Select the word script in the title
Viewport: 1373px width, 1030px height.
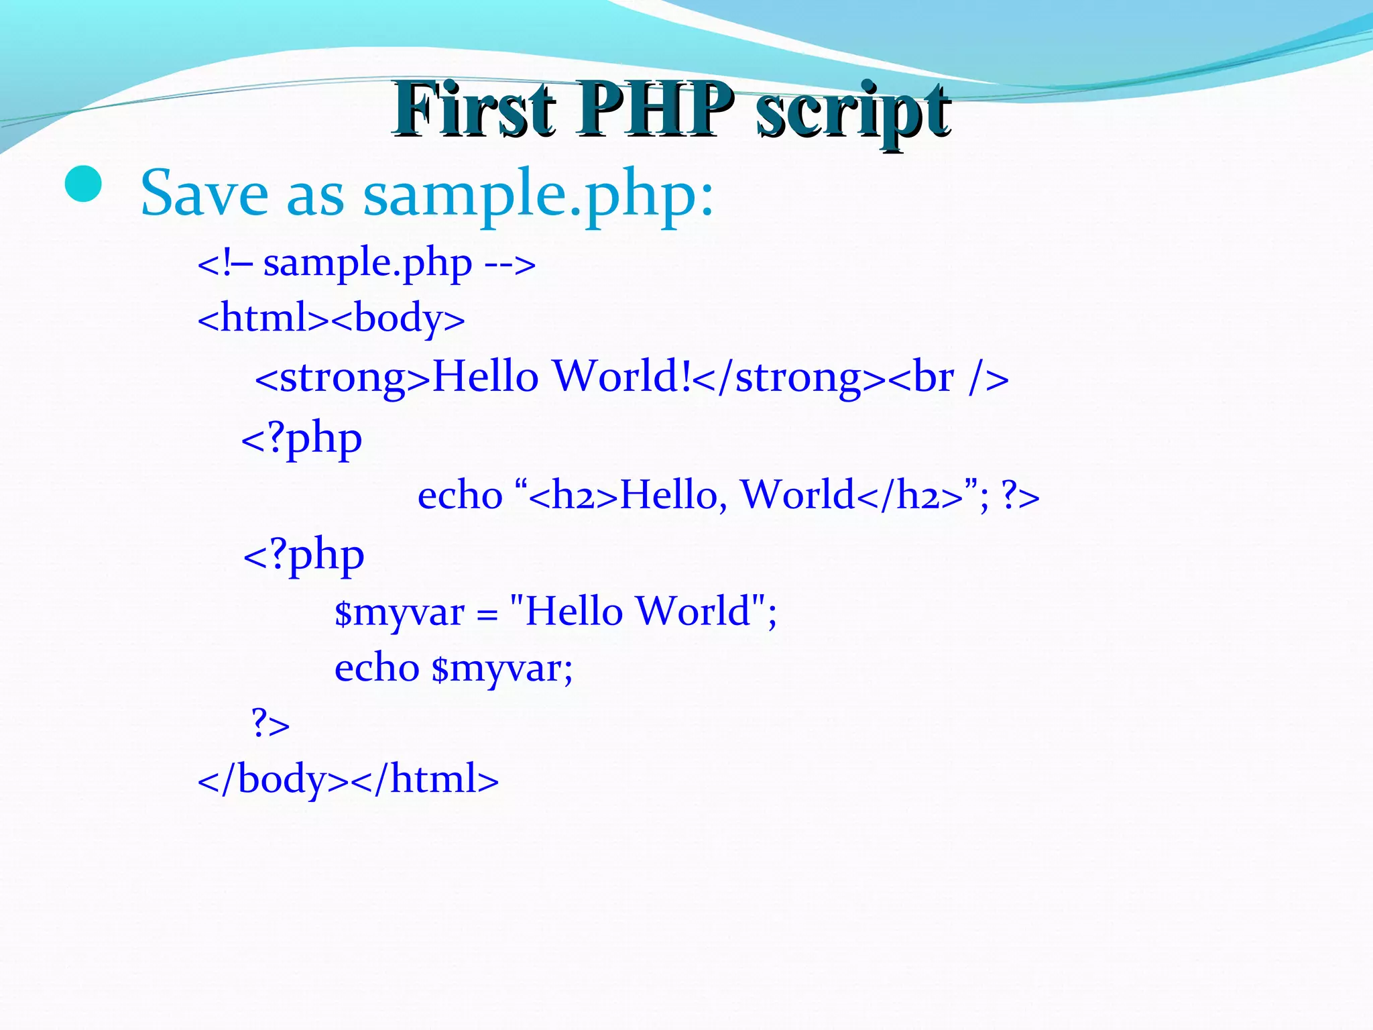pos(853,111)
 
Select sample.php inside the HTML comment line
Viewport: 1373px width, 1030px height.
pos(367,263)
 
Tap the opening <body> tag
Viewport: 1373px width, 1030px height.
pos(398,319)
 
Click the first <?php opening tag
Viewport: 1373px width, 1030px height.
pos(302,439)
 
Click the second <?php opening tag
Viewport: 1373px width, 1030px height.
pos(303,555)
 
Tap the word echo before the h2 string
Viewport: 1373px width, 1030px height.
pos(460,496)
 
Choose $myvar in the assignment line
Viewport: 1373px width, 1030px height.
pos(400,612)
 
